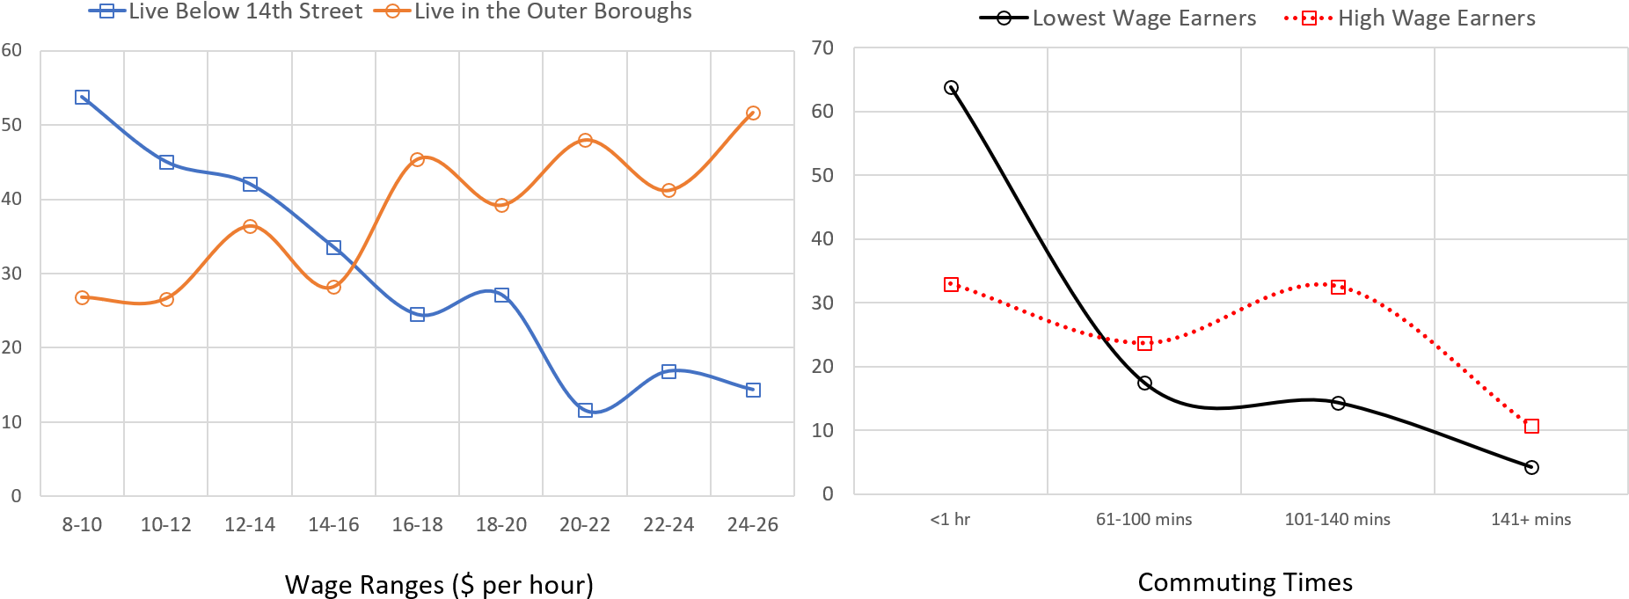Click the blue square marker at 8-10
tap(82, 97)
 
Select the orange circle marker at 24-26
tap(753, 113)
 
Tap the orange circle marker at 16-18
tap(417, 160)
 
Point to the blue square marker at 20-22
tap(585, 410)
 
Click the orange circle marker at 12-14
tap(250, 226)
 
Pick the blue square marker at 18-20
tap(501, 295)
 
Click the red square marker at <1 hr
tap(951, 284)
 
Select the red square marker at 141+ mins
tap(1531, 427)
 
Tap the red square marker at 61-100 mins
tap(1144, 343)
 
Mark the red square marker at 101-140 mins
tap(1338, 287)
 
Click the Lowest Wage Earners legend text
tap(1143, 18)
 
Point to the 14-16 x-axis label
tap(333, 525)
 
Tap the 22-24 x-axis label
tap(668, 525)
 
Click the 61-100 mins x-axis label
tap(1143, 520)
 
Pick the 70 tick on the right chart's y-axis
tap(822, 48)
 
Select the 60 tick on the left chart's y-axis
tap(12, 50)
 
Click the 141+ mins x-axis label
tap(1530, 520)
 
